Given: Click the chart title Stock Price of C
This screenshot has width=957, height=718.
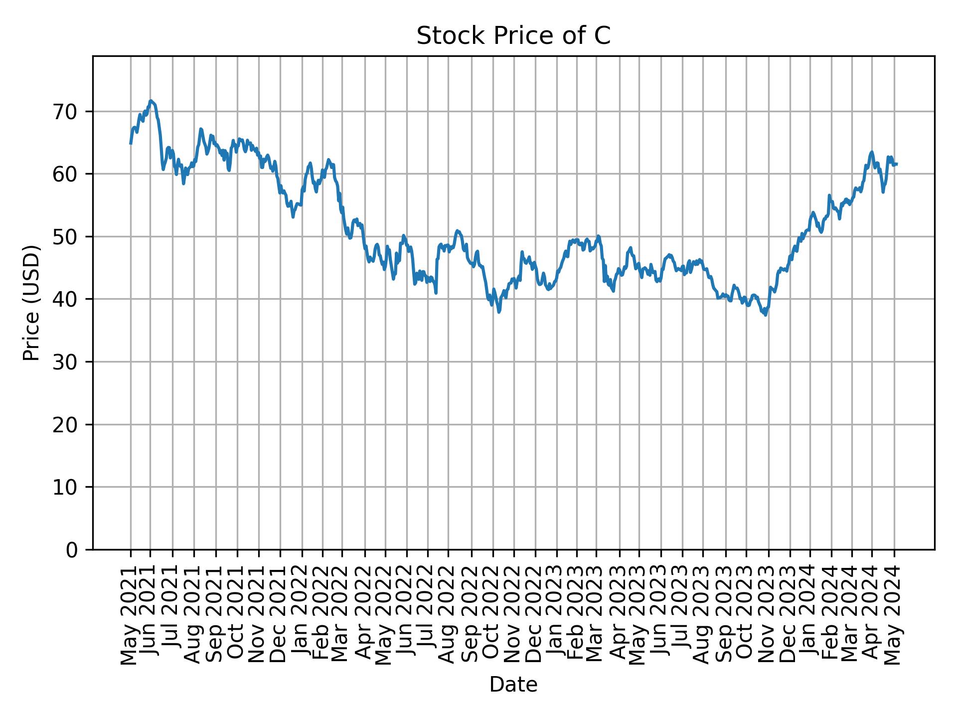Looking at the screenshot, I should pyautogui.click(x=513, y=36).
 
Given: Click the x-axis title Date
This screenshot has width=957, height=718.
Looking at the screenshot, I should pyautogui.click(x=513, y=685).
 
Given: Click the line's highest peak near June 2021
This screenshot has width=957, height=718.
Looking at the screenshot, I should pyautogui.click(x=151, y=101).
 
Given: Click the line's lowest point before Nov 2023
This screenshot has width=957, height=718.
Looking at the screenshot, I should pyautogui.click(x=765, y=315).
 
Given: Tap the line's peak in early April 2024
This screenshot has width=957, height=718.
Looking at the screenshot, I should pyautogui.click(x=871, y=152).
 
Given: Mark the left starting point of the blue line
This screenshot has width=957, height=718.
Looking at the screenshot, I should pyautogui.click(x=131, y=144).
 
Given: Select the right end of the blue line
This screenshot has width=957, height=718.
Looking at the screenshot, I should pyautogui.click(x=897, y=164).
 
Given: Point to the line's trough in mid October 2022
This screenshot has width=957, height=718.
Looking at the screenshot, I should pyautogui.click(x=499, y=312).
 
